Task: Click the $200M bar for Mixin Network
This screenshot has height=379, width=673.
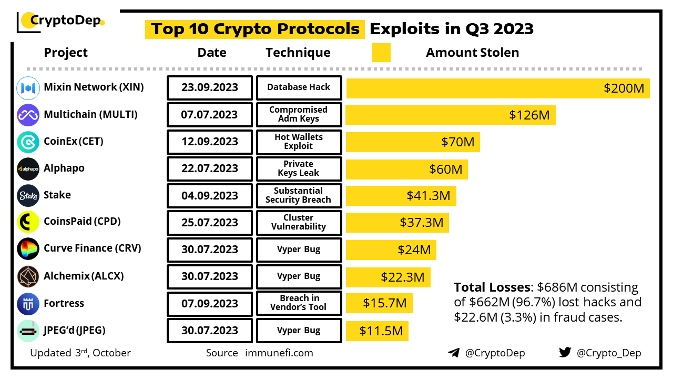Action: coord(498,88)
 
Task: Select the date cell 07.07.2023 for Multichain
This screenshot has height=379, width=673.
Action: coord(209,115)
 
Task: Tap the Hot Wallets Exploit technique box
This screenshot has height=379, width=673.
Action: coord(299,142)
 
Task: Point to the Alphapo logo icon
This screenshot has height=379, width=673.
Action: coord(28,169)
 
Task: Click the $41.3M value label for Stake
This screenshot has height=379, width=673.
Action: coord(428,196)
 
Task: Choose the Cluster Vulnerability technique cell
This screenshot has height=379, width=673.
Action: coord(299,222)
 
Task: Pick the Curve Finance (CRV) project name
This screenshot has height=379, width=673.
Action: coord(93,248)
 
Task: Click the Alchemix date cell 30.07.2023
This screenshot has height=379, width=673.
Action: coord(209,276)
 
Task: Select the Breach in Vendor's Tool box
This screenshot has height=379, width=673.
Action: coord(299,303)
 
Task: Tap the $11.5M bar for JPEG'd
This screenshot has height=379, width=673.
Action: coord(377,331)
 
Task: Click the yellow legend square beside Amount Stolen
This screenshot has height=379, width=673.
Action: coord(381,53)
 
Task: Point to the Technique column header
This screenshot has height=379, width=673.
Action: coord(298,53)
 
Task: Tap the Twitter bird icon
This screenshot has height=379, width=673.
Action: coord(565,353)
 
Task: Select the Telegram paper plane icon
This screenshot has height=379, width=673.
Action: coord(454,353)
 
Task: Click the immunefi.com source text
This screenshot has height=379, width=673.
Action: coord(279,353)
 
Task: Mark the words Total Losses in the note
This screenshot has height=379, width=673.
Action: coord(492,287)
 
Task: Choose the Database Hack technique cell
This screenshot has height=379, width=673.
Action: coord(299,87)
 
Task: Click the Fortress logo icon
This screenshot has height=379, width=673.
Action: coord(28,304)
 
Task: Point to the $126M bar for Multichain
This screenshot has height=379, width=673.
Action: coord(451,115)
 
